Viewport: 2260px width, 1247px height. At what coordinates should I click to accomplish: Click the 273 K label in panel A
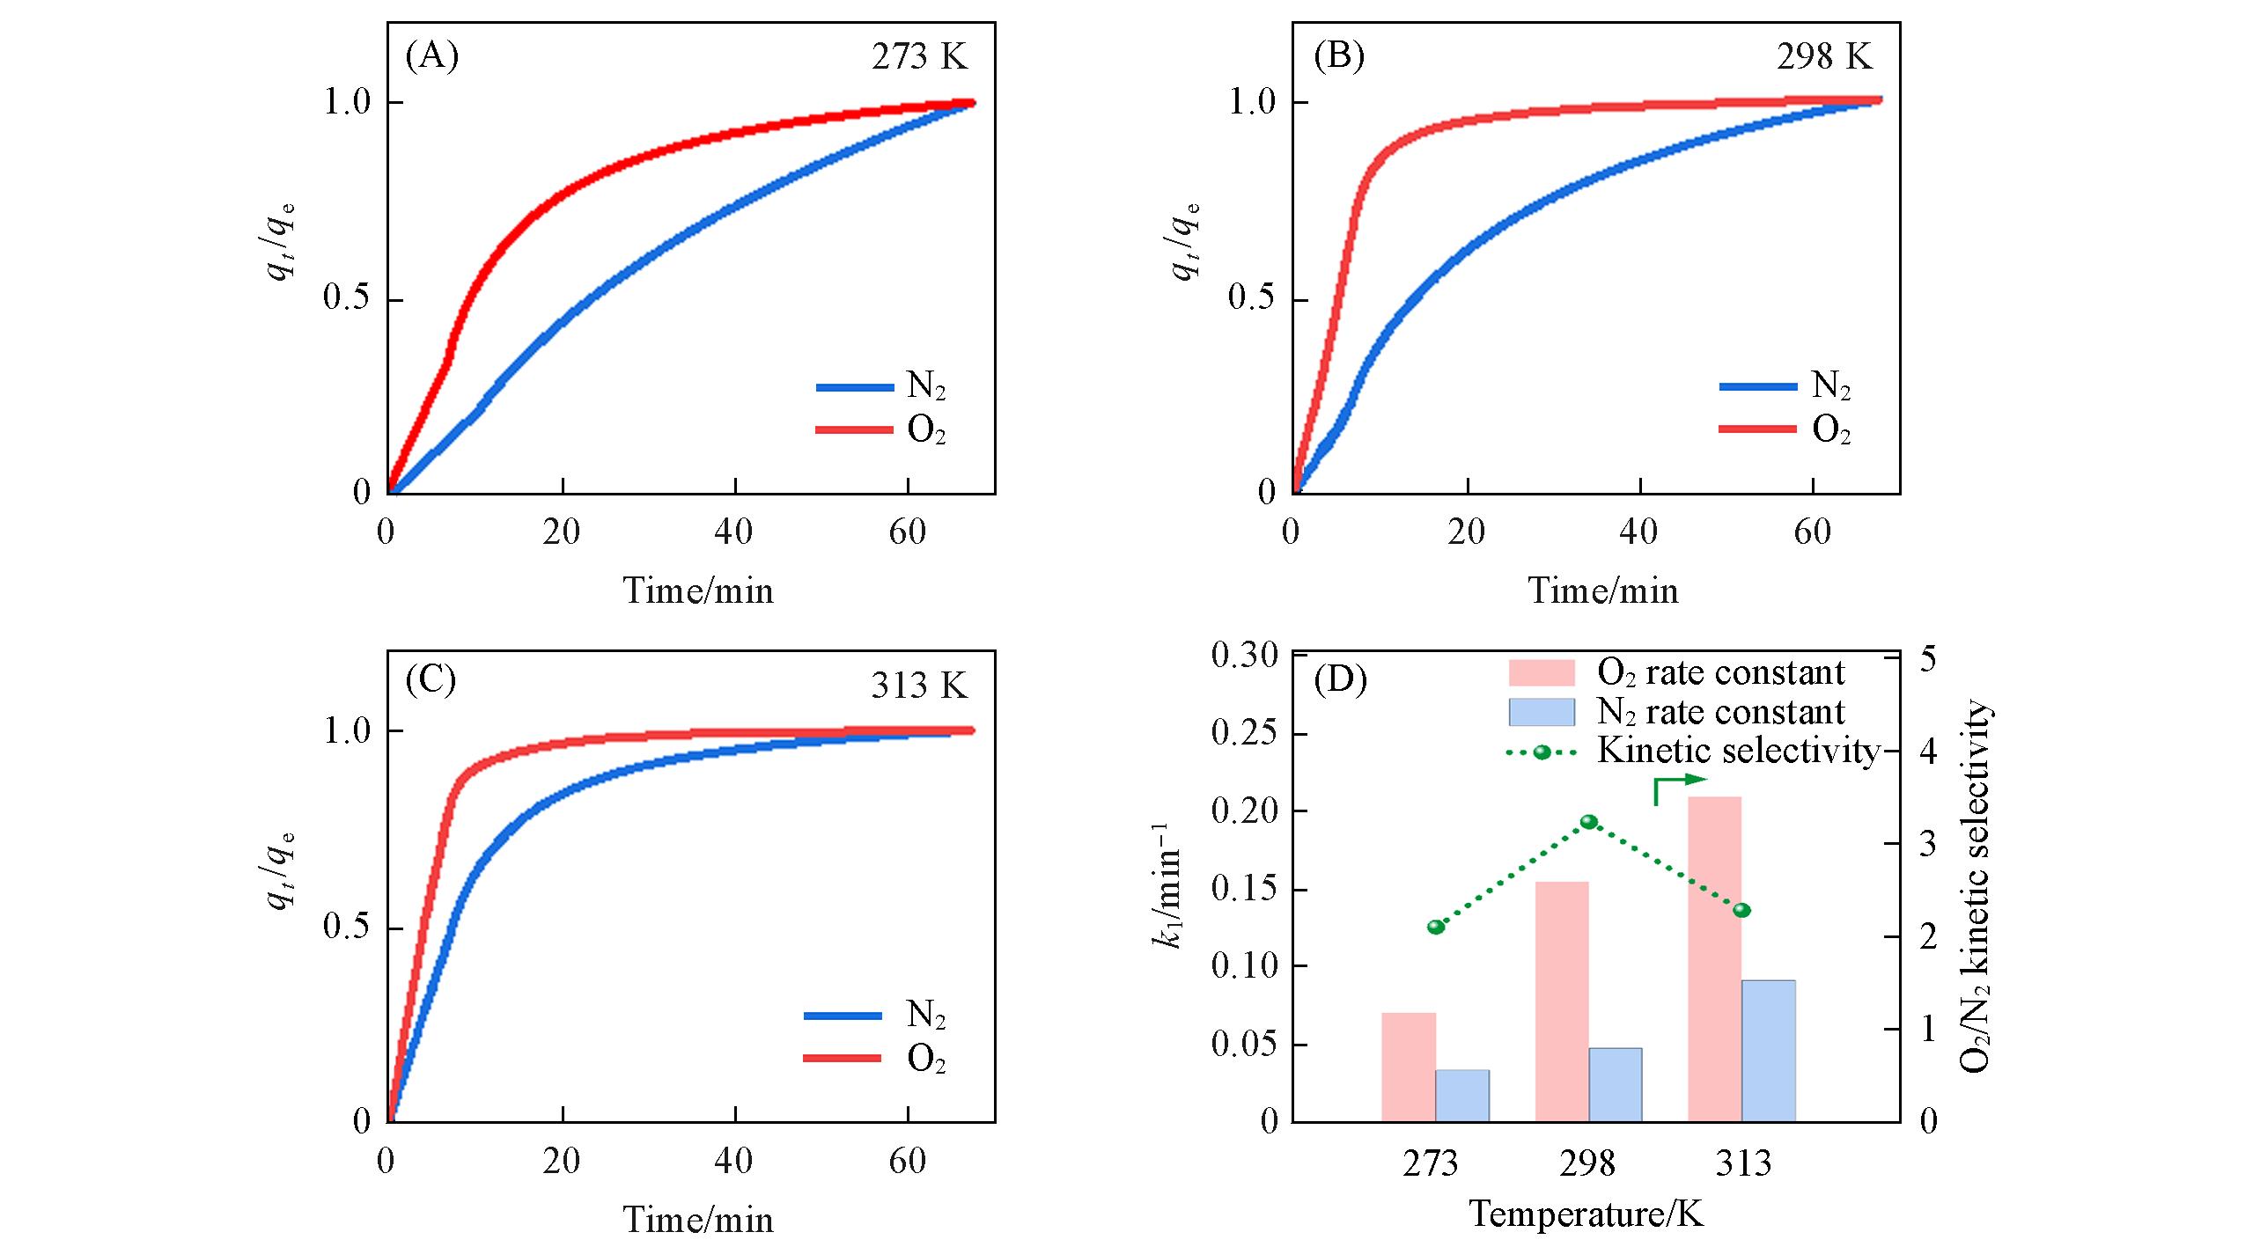tap(919, 57)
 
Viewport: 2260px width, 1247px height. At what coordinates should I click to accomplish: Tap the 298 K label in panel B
tap(1824, 57)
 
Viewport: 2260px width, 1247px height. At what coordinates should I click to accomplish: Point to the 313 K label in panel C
tap(919, 686)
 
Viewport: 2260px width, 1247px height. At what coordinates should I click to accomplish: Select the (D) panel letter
tap(1340, 680)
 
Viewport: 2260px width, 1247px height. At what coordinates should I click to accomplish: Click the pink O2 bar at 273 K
tap(1409, 1067)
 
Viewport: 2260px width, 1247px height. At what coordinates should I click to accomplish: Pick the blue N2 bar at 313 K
tap(1768, 1051)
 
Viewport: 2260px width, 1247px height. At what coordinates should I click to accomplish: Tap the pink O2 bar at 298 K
tap(1562, 1001)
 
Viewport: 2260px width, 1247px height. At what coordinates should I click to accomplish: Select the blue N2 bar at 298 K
tap(1615, 1084)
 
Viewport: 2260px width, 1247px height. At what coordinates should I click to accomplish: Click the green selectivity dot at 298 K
tap(1589, 822)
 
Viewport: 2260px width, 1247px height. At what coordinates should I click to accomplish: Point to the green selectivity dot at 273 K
tap(1436, 927)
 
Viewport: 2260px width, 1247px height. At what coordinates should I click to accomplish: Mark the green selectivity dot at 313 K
tap(1741, 910)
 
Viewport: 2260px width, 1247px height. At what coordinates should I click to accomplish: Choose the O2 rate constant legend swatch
tap(1542, 672)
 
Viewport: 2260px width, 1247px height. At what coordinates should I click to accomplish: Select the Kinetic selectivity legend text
tap(1739, 751)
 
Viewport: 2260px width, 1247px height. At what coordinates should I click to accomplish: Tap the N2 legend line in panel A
tap(854, 387)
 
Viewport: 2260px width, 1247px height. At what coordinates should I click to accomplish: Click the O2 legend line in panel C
tap(842, 1058)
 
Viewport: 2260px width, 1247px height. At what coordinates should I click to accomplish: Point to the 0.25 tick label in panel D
tap(1245, 733)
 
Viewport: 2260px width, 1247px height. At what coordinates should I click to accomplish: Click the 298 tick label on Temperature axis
tap(1587, 1164)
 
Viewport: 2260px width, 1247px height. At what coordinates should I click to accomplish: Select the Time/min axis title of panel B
tap(1603, 590)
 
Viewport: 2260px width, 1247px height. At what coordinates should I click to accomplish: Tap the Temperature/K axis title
tap(1586, 1214)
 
